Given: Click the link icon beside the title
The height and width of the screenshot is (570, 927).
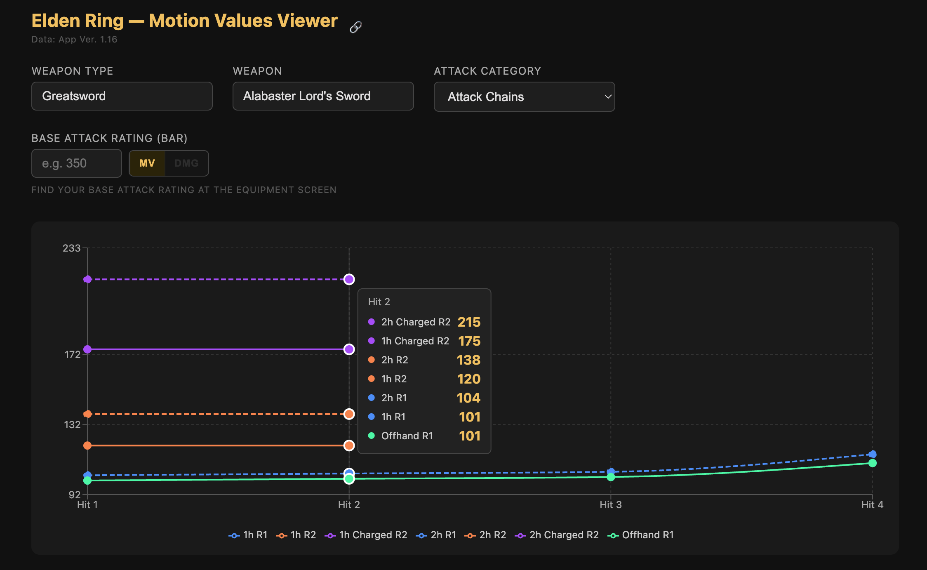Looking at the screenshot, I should (355, 27).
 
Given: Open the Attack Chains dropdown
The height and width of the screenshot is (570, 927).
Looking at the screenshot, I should (524, 97).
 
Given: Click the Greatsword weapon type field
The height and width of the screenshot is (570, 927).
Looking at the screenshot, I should (122, 96).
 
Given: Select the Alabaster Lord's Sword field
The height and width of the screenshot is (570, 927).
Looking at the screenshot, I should (323, 96).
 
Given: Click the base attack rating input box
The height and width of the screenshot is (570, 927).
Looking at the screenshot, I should (77, 163).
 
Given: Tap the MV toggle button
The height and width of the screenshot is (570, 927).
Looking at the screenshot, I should (147, 163).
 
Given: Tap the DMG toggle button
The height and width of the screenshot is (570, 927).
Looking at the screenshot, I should (186, 163).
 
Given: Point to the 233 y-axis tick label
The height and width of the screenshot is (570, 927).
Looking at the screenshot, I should (71, 248).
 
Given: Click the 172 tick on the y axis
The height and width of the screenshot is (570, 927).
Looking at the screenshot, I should (73, 355).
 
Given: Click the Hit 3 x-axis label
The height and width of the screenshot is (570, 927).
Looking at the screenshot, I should (610, 505).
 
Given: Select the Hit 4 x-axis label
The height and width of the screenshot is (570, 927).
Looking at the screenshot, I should (872, 505).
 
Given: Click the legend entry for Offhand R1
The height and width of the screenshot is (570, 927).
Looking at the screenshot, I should (641, 535).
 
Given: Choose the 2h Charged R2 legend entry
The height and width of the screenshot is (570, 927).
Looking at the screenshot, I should (557, 535).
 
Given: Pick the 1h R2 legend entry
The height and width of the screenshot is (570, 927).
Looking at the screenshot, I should (296, 535).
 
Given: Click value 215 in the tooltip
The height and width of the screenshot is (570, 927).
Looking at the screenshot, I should (469, 322).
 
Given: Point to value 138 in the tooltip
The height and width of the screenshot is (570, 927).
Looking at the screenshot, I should (468, 360).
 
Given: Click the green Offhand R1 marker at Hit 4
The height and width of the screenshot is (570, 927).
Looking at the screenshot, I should (872, 463).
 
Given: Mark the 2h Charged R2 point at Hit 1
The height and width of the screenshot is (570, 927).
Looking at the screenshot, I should (87, 280).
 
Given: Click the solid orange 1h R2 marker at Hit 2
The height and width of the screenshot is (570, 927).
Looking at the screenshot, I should (349, 445).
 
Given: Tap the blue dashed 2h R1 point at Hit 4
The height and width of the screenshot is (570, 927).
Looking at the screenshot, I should (872, 454).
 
